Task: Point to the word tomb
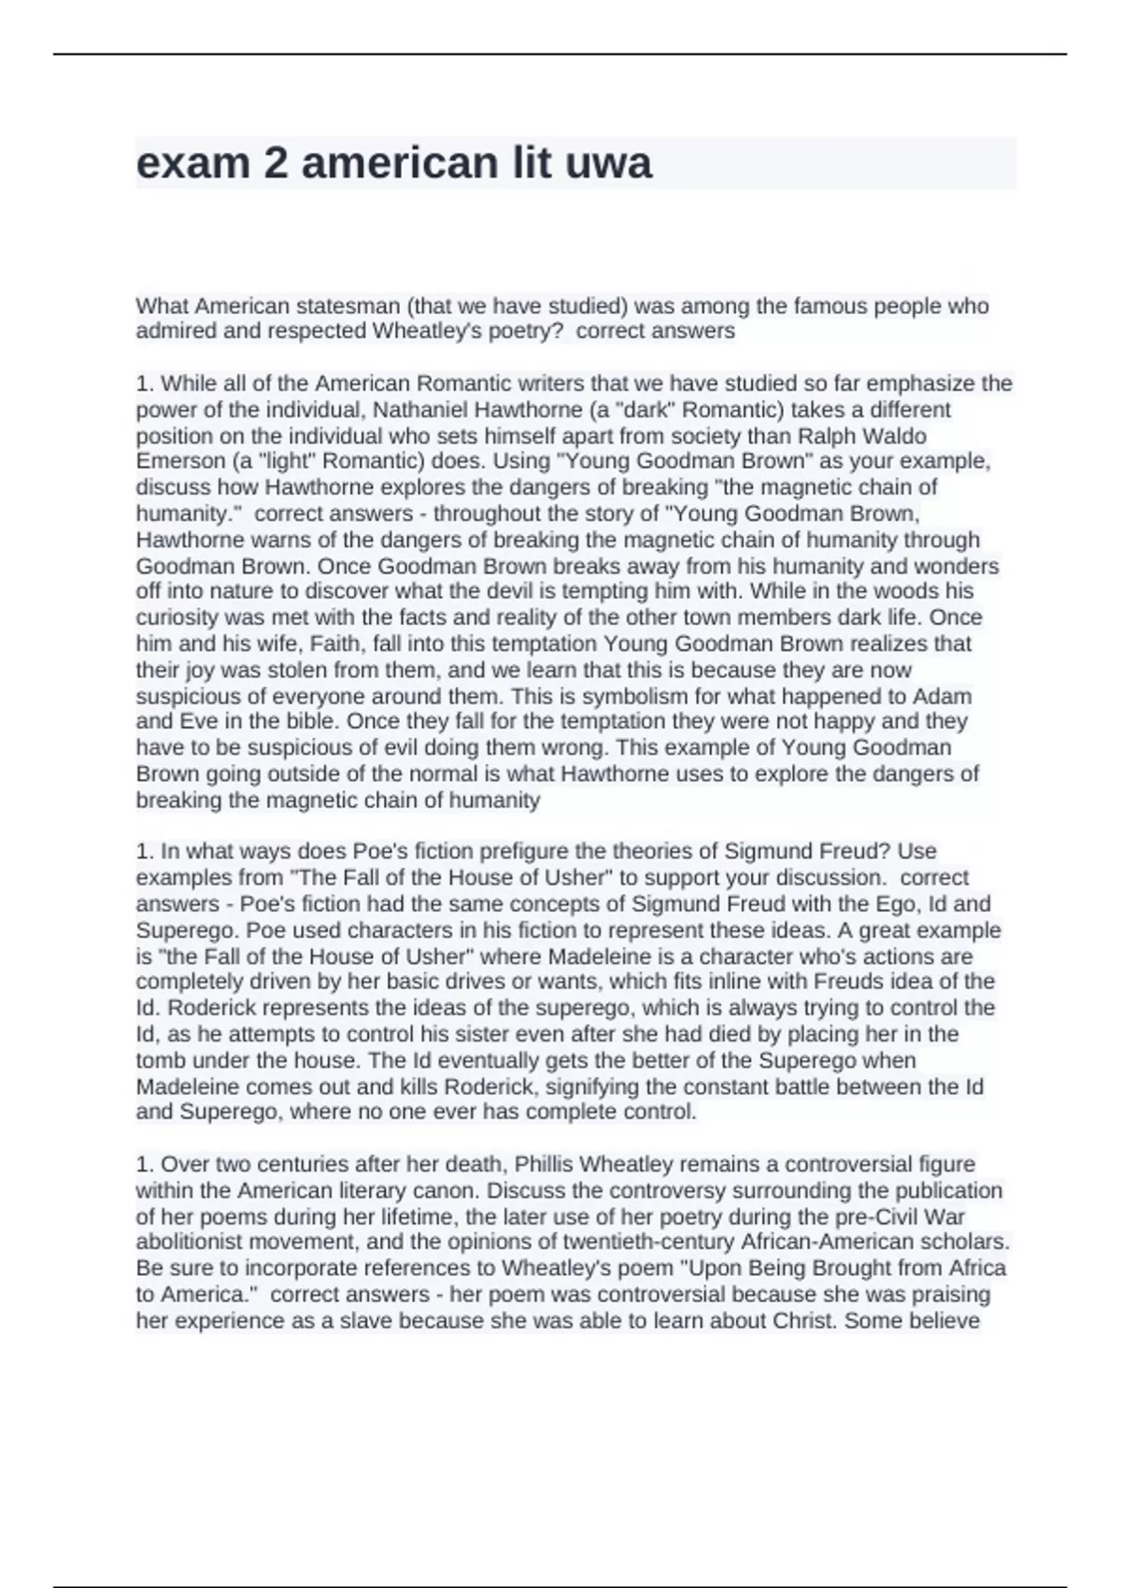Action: (157, 1060)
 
